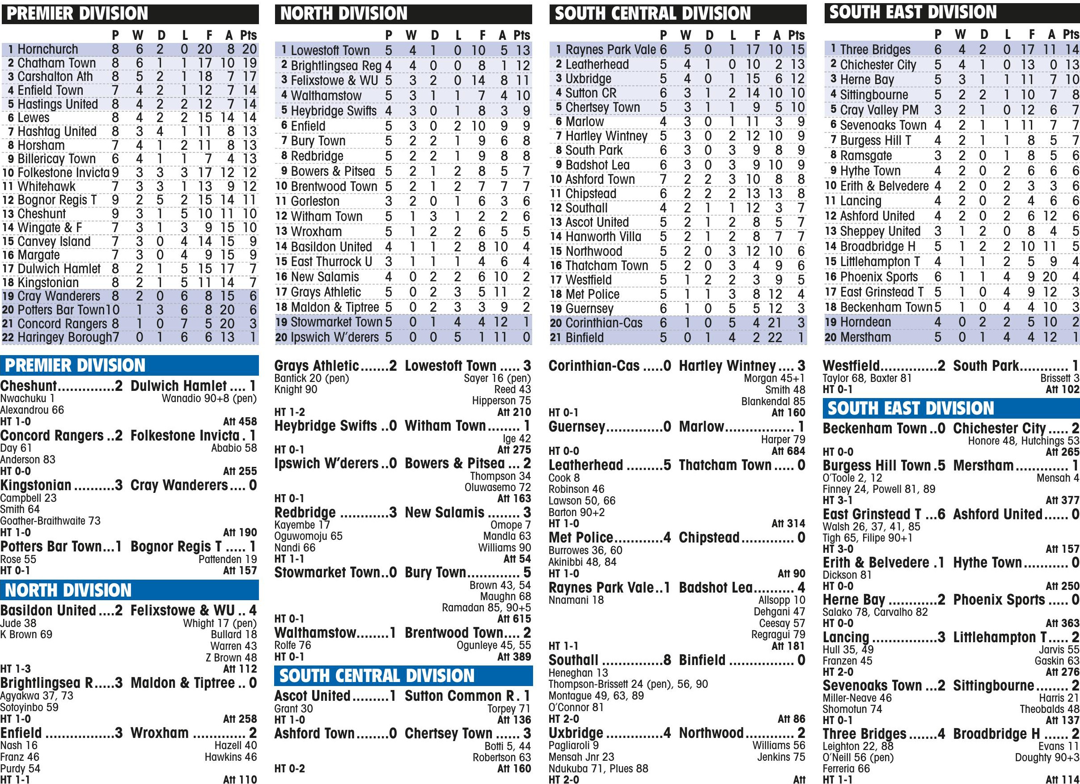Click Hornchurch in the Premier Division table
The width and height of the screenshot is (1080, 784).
(47, 49)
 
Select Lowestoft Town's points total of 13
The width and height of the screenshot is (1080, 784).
(522, 50)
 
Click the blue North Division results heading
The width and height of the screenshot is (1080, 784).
(68, 590)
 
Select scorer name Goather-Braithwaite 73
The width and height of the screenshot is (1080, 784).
(51, 521)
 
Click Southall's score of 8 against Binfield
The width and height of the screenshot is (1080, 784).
(667, 660)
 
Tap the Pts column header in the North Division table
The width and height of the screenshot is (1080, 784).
(521, 35)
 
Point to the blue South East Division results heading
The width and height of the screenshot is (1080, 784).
(911, 408)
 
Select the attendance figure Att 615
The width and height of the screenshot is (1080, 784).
(514, 619)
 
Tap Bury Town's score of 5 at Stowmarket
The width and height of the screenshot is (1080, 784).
(527, 572)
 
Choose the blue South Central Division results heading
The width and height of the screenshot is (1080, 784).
(377, 676)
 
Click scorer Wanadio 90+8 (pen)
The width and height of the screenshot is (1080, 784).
(209, 398)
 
